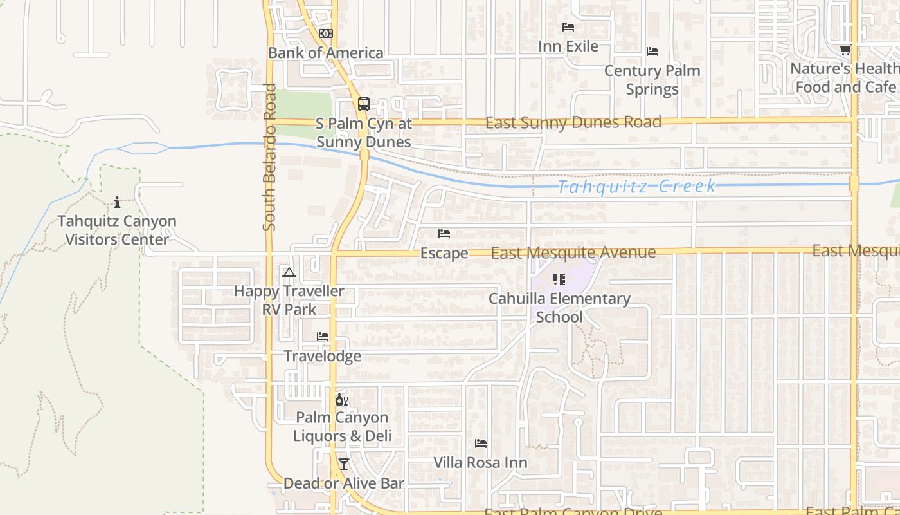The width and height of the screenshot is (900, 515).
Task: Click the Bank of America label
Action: pyautogui.click(x=326, y=53)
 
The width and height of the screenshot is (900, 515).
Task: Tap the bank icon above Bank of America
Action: pyautogui.click(x=326, y=33)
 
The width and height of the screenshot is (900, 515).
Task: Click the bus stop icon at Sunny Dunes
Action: pyautogui.click(x=364, y=104)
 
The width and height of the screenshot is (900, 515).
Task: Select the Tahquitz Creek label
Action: pyautogui.click(x=636, y=187)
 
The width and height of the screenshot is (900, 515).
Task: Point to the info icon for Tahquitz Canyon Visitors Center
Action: pyautogui.click(x=117, y=203)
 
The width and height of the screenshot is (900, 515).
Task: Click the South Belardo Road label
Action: pyautogui.click(x=269, y=157)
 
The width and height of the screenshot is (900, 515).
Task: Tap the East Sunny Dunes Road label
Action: pyautogui.click(x=573, y=122)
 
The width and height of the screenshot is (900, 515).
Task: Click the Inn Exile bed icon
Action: pyautogui.click(x=568, y=27)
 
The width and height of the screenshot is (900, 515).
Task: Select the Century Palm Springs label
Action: pyautogui.click(x=652, y=80)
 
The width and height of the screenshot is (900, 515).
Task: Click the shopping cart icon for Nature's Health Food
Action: pyautogui.click(x=846, y=50)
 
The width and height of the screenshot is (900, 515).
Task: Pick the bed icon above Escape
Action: pyautogui.click(x=444, y=234)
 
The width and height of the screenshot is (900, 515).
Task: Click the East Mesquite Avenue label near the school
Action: pyautogui.click(x=573, y=253)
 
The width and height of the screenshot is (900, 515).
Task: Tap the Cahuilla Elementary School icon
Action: pyautogui.click(x=559, y=279)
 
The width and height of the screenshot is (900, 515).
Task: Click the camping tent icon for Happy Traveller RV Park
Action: pyautogui.click(x=289, y=273)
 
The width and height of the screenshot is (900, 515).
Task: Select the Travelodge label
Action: pyautogui.click(x=322, y=356)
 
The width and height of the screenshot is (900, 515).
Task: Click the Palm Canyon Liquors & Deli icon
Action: pyautogui.click(x=341, y=400)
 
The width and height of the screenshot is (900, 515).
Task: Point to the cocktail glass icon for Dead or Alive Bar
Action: pyautogui.click(x=344, y=464)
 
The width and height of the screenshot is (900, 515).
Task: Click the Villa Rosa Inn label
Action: pyautogui.click(x=480, y=462)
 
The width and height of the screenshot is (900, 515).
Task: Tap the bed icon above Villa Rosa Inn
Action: pyautogui.click(x=480, y=444)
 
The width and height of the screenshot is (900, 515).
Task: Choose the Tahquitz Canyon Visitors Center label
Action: pyautogui.click(x=117, y=230)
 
